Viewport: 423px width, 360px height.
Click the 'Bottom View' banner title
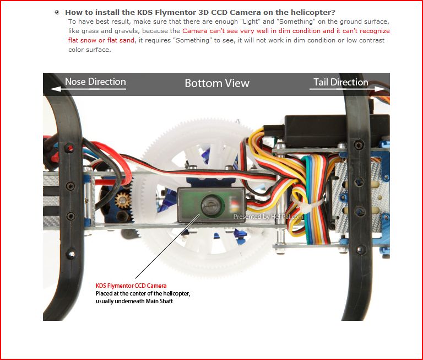[217, 83]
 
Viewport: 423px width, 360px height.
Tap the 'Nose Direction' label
[95, 82]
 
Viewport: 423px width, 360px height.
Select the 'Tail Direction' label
[341, 82]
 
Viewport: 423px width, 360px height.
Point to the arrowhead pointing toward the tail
[380, 89]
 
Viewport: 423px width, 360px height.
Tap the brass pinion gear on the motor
[123, 200]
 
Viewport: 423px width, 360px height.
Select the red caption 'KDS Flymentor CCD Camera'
[131, 286]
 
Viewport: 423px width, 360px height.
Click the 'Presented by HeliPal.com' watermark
[268, 217]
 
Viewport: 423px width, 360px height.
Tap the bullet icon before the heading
[57, 12]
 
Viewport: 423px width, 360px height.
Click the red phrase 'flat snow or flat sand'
[101, 40]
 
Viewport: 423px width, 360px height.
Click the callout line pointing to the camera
[167, 246]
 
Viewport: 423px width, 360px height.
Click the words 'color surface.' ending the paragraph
[90, 50]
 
